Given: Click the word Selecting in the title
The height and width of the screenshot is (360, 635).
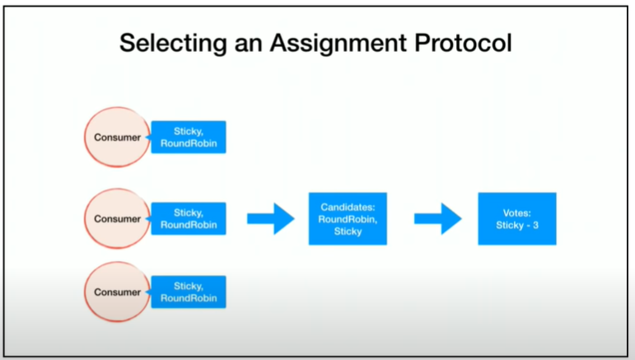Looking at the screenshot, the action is (x=173, y=44).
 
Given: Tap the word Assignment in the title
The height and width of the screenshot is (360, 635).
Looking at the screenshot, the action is (x=339, y=44).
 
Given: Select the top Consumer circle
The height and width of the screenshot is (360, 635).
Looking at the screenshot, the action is (x=118, y=138).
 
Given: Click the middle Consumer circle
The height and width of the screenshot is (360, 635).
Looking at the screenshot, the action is (x=118, y=218).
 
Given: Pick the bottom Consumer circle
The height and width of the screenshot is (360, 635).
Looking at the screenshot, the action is (x=118, y=292).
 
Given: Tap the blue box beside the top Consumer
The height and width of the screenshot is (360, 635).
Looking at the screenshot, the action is (x=189, y=138).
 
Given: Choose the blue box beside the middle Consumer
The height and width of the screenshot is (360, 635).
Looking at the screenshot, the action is (x=189, y=218).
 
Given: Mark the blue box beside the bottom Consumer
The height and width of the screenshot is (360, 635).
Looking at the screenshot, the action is (x=189, y=292).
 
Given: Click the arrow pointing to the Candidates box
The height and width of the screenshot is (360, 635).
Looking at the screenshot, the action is (x=270, y=218).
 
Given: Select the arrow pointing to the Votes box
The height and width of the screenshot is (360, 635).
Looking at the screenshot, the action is (x=438, y=218).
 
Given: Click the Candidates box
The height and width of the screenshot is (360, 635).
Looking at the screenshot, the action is (x=348, y=218).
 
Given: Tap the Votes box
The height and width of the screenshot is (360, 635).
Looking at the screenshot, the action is (x=517, y=218).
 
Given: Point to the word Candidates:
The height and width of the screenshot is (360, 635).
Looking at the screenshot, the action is (x=348, y=208).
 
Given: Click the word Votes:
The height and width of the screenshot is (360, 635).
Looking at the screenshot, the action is (x=516, y=213).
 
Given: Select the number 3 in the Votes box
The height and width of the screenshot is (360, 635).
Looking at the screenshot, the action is (x=535, y=225).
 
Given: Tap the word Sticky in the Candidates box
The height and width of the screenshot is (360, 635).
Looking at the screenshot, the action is (x=348, y=231).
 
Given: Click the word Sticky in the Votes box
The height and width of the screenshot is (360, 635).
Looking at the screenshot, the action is (x=510, y=226).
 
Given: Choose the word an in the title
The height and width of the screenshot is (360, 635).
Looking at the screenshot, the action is (x=249, y=44).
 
